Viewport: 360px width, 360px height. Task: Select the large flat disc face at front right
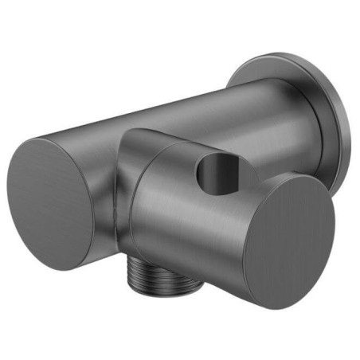291,239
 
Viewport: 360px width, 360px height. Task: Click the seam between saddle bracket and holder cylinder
131,199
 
